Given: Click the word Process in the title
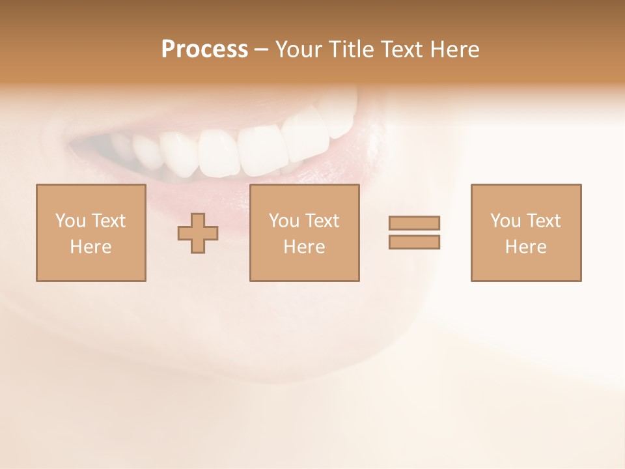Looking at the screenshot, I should point(204,50).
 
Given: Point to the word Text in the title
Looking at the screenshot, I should point(402,50).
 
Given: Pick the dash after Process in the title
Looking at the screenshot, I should point(261,50).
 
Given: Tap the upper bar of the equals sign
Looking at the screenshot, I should point(414,223).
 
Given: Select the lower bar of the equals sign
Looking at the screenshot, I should point(414,242).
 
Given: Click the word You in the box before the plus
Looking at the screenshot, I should point(70,221).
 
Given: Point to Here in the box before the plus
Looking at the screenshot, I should point(90,247).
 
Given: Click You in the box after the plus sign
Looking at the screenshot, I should point(284,221).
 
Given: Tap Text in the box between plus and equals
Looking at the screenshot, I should point(321,221).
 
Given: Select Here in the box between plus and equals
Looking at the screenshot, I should point(304,247).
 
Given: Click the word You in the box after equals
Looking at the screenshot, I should point(505,221).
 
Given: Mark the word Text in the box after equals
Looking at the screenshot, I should point(542,221).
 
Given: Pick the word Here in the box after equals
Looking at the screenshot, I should point(525,247).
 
